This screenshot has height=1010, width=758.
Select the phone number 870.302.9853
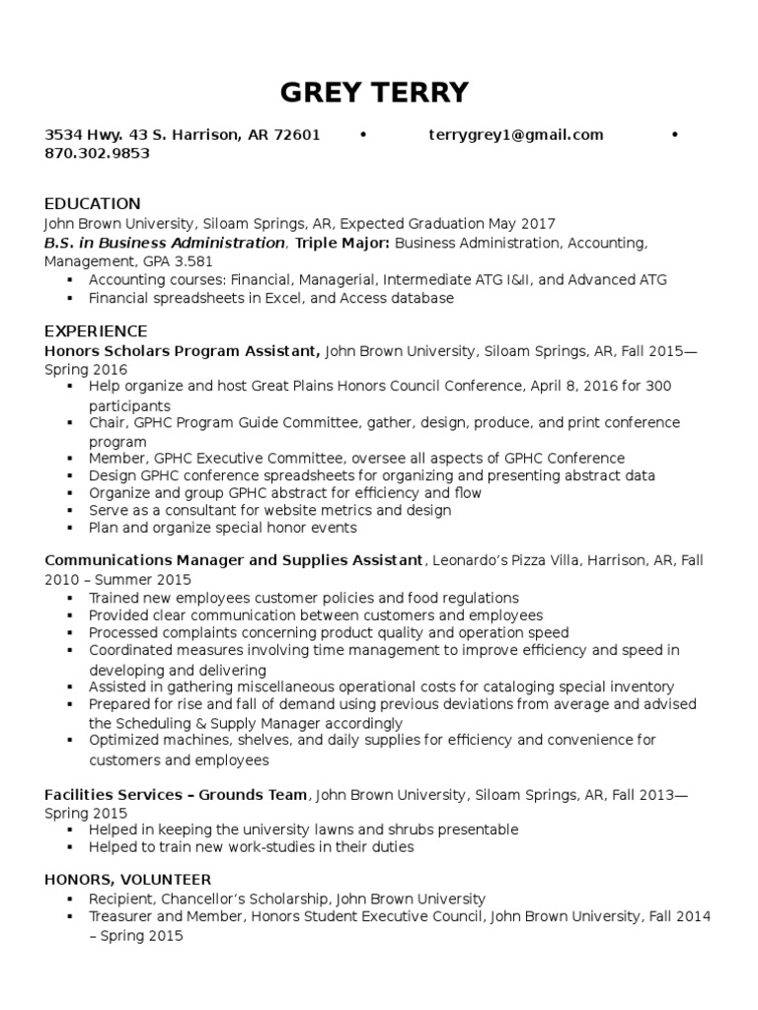coord(98,153)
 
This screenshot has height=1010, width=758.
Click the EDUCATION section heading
coord(93,204)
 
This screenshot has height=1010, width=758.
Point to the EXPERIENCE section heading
coord(96,330)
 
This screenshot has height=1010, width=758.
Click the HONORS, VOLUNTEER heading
coord(127,879)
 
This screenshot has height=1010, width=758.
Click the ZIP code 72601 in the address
coord(298,135)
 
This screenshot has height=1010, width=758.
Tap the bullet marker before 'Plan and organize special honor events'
coord(70,529)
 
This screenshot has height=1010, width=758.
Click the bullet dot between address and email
coord(363,135)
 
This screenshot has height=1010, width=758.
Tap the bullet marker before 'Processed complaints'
coord(70,633)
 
